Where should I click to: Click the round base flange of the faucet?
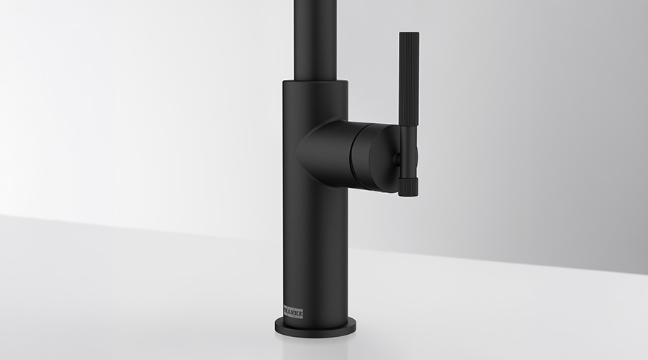(x=315, y=326)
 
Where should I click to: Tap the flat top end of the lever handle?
(x=409, y=33)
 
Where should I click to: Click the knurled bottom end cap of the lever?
(x=409, y=185)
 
